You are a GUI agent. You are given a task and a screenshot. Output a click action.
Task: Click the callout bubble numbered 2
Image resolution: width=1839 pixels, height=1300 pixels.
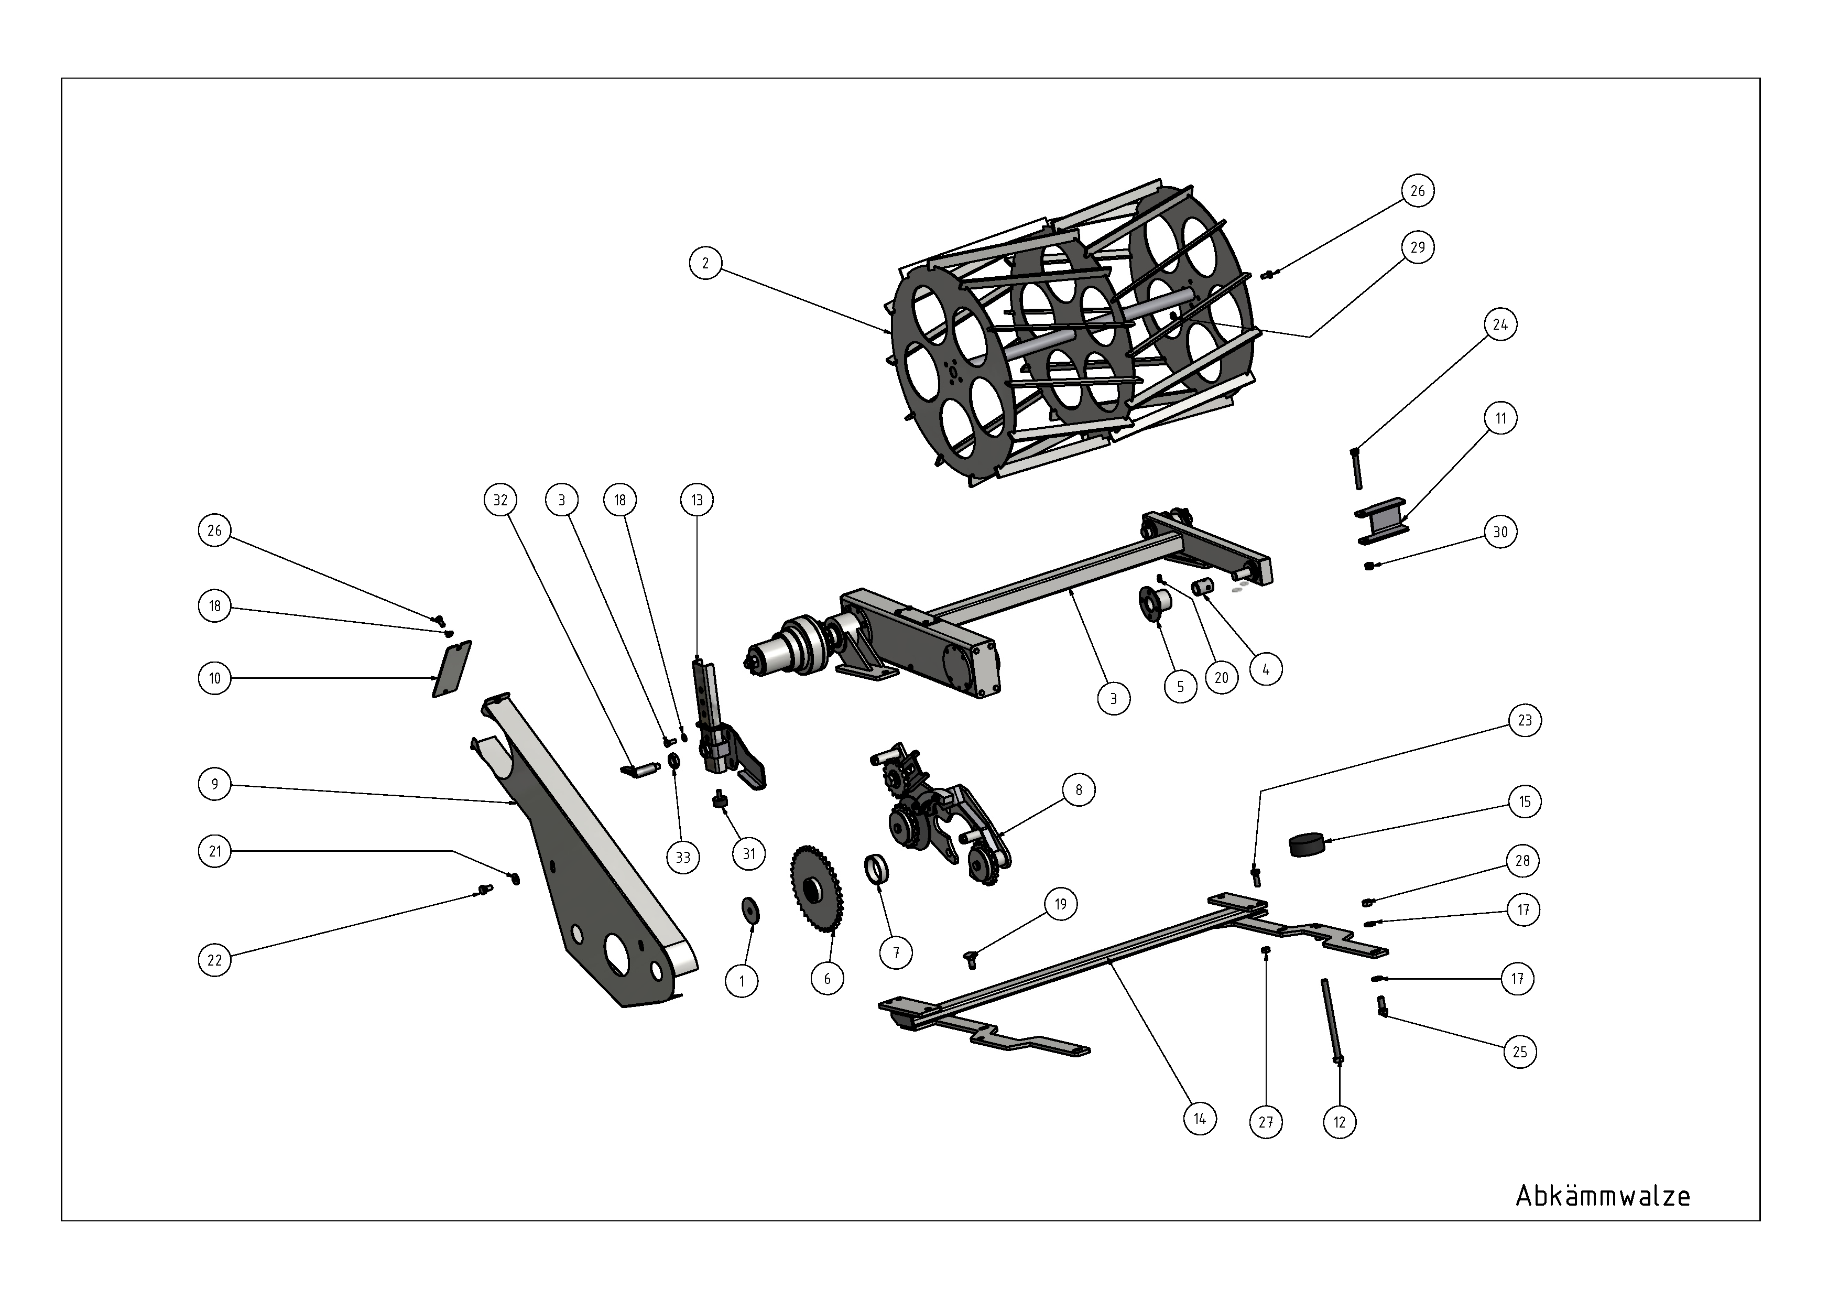point(705,263)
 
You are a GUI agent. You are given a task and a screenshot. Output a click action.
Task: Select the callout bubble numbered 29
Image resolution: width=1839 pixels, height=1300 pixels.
point(1418,247)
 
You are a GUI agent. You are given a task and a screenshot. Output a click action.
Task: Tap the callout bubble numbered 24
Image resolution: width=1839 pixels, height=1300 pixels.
point(1500,324)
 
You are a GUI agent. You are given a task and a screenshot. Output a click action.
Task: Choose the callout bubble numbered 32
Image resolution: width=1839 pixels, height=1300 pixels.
point(500,500)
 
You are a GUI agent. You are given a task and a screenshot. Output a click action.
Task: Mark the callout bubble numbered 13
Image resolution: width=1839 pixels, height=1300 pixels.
point(697,500)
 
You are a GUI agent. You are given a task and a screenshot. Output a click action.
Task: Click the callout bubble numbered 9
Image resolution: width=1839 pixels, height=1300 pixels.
point(215,784)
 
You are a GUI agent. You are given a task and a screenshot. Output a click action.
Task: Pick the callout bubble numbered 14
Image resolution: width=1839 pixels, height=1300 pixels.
point(1200,1118)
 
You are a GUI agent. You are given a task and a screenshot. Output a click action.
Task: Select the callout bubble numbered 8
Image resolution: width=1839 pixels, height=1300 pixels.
point(1079,790)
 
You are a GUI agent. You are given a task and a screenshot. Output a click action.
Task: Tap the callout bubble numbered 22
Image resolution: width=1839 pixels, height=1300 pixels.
point(215,960)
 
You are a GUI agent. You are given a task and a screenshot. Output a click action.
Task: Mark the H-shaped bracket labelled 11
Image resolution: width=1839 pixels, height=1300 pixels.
point(1381,521)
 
